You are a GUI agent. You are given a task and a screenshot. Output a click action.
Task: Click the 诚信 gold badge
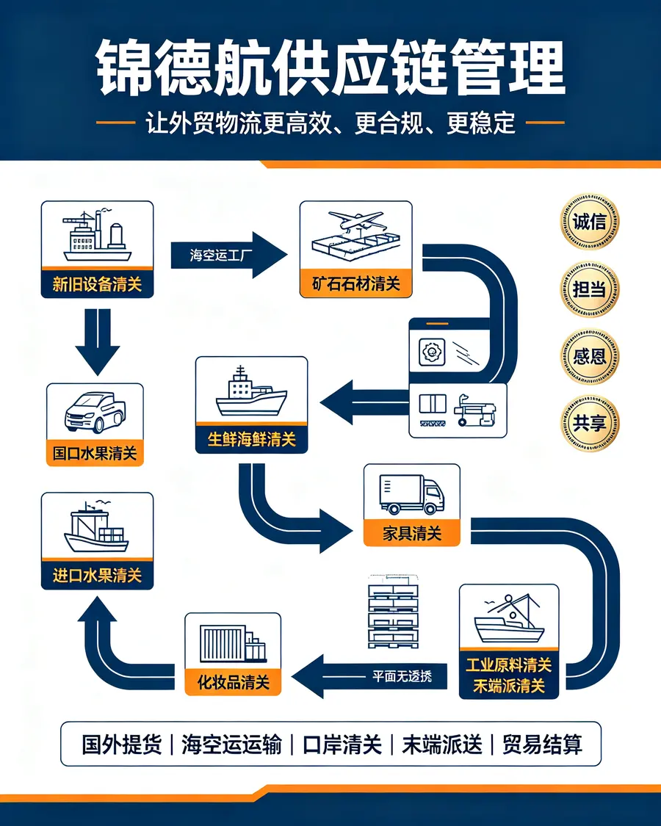click(589, 221)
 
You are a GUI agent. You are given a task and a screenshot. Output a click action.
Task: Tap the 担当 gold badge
click(589, 289)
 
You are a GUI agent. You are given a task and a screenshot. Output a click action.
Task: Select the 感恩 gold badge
click(589, 357)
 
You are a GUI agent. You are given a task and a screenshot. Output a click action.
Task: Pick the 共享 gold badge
click(589, 423)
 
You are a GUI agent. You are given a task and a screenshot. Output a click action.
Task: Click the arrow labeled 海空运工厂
click(228, 256)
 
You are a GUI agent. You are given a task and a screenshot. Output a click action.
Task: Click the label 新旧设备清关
click(97, 284)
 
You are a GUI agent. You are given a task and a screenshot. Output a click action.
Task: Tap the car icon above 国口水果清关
click(95, 412)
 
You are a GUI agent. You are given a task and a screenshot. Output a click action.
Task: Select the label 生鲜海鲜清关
click(251, 439)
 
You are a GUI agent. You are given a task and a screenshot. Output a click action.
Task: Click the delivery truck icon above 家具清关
click(412, 494)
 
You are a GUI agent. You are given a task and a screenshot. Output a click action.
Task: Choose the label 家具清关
click(412, 534)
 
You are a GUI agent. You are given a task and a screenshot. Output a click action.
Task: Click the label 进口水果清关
click(97, 575)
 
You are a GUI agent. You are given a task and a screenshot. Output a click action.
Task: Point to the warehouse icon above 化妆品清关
click(233, 644)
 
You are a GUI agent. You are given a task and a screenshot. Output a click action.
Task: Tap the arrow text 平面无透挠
click(402, 676)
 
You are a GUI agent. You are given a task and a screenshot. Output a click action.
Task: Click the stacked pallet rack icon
click(393, 612)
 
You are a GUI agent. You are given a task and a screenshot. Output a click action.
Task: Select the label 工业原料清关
click(509, 665)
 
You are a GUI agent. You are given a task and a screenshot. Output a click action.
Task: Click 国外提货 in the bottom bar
click(122, 745)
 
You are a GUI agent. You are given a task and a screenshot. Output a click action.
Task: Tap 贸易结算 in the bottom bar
click(543, 745)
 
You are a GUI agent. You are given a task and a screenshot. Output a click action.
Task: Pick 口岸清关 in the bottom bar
click(342, 745)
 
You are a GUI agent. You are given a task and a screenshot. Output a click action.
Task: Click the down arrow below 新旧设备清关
click(98, 341)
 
